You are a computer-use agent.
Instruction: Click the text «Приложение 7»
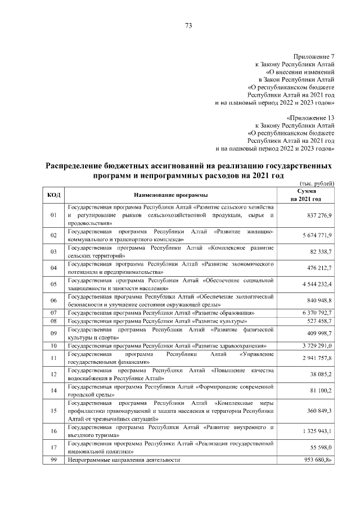coord(314,57)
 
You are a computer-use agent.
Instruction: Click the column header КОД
coord(54,195)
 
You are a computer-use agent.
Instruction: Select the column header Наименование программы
coord(170,195)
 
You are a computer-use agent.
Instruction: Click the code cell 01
coord(54,215)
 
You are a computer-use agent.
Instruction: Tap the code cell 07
coord(54,312)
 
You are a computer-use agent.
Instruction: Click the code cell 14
coord(54,390)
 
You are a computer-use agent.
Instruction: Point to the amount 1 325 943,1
coord(316,431)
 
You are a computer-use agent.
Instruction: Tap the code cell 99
coord(54,460)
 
